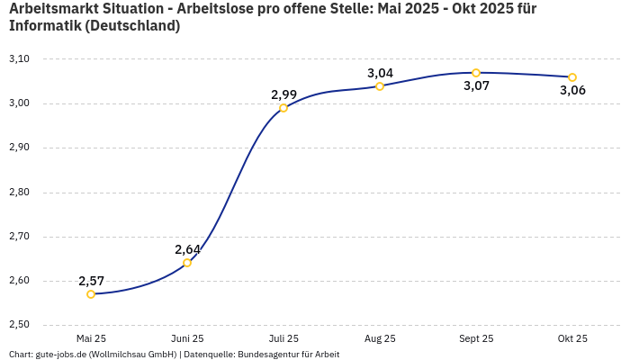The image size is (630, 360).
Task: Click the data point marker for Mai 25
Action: (91, 294)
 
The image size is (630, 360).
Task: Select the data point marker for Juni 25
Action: (187, 263)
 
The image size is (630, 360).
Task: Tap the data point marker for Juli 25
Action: (283, 108)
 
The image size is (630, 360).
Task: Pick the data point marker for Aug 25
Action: (380, 86)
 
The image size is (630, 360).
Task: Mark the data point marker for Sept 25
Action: (476, 73)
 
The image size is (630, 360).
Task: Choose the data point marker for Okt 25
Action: (572, 77)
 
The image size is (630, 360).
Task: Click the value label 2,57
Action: (92, 281)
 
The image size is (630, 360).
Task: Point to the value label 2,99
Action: (284, 94)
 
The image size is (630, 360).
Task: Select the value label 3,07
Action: (476, 86)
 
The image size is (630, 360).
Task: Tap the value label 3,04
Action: (381, 73)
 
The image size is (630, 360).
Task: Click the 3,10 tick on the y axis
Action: (19, 59)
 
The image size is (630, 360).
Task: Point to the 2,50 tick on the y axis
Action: (19, 325)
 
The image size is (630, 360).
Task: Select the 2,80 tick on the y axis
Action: (19, 193)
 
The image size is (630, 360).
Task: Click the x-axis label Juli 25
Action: (283, 339)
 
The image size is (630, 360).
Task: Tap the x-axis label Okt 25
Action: (572, 339)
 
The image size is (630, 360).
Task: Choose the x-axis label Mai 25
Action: (91, 339)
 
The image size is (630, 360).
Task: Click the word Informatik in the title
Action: (45, 26)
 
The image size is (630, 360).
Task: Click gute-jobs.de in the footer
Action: (59, 355)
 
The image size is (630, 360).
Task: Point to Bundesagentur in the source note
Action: (267, 355)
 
